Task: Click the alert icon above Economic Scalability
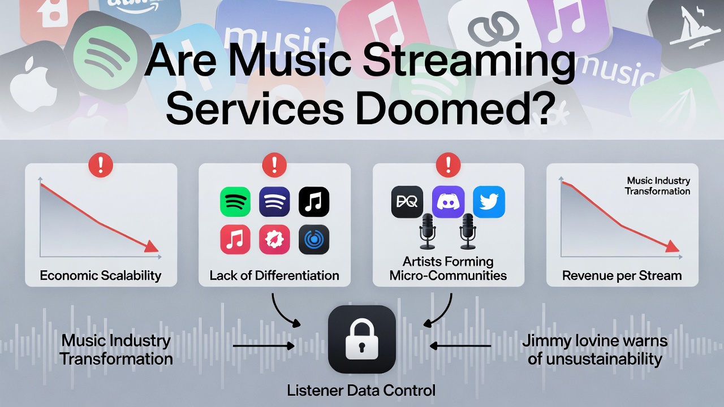click(101, 166)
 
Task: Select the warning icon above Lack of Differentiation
click(275, 166)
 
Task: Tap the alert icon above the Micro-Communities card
click(449, 166)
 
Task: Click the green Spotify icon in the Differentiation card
click(235, 202)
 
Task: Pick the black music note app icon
click(313, 202)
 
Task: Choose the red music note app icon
click(235, 240)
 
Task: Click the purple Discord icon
click(448, 202)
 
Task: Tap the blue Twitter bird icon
click(489, 202)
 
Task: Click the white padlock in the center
click(362, 339)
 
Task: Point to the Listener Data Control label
click(361, 390)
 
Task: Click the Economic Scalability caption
click(101, 276)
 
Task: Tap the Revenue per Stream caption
click(622, 276)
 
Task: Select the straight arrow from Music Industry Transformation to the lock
click(264, 345)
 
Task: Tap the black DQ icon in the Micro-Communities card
click(407, 202)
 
